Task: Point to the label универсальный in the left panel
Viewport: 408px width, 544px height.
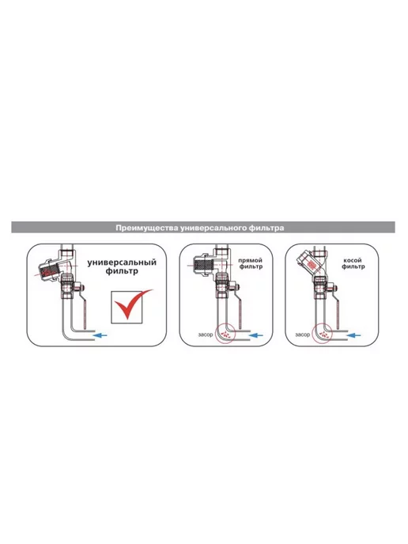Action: [x=122, y=263]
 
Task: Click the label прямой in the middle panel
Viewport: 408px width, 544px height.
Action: [x=250, y=260]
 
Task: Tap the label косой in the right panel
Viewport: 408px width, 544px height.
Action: [x=353, y=260]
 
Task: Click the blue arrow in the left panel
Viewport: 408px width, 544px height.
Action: [x=101, y=335]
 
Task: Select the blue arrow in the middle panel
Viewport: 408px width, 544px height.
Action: [x=256, y=335]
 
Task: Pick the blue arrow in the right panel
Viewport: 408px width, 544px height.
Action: [x=353, y=335]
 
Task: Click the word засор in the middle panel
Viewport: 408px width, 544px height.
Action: [x=205, y=335]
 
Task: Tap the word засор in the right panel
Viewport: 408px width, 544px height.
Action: [x=302, y=335]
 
